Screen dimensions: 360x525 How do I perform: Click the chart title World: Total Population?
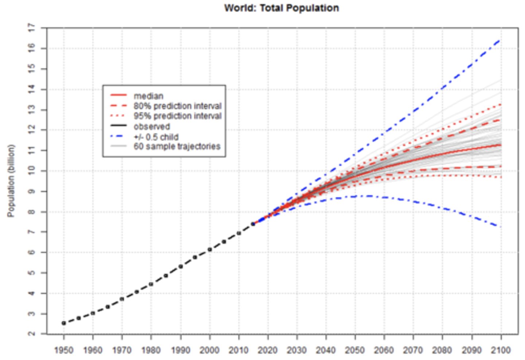pos(281,8)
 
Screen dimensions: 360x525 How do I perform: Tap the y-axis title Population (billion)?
pos(11,181)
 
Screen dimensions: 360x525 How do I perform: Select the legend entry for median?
pos(148,96)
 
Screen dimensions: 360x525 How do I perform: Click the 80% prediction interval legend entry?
pos(177,106)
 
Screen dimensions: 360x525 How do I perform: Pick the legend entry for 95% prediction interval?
pos(177,116)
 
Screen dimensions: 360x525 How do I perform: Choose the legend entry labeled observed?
pos(152,127)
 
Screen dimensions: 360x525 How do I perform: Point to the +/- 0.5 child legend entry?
pos(156,137)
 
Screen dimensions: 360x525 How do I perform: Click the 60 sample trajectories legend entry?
pos(177,147)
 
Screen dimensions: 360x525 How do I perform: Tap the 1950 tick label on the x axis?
pos(63,350)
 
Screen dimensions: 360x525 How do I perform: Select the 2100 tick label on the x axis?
pos(501,350)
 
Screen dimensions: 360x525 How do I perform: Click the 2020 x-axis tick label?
pos(268,350)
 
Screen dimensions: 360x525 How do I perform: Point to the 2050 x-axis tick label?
pos(355,350)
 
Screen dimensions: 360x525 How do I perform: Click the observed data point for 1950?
pos(64,323)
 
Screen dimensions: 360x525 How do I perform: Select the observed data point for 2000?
pos(210,249)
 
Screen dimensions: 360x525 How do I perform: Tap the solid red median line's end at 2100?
pos(501,145)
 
